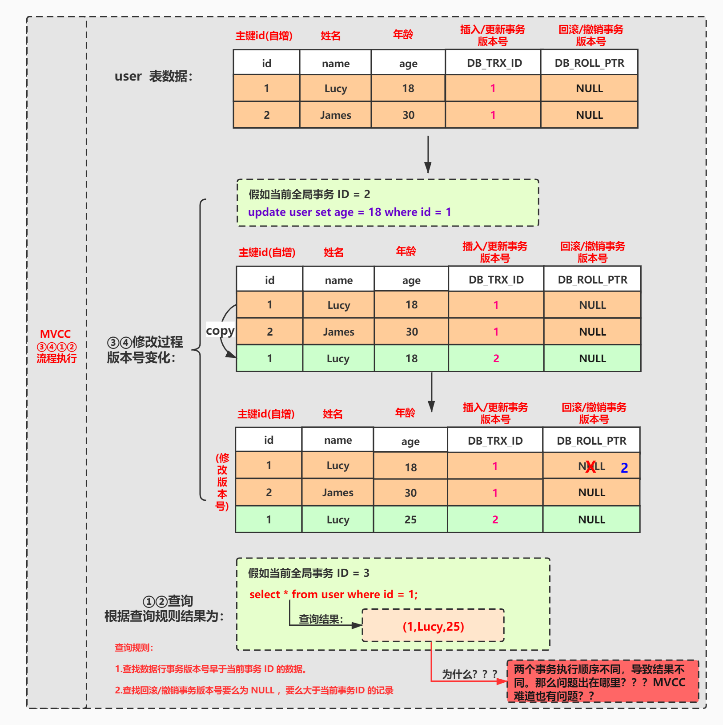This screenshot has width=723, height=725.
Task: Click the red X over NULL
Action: (590, 467)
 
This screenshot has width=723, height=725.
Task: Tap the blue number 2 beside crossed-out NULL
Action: (624, 468)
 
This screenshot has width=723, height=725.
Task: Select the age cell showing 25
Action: (410, 519)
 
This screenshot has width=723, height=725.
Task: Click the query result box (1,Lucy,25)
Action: (433, 626)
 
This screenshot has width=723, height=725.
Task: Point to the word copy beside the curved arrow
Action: (220, 331)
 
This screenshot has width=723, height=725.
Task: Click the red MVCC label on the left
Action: (56, 334)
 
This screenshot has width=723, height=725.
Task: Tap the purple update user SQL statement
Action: (349, 212)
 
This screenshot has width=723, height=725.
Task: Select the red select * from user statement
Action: (333, 595)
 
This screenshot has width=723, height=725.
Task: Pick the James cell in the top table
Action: (336, 115)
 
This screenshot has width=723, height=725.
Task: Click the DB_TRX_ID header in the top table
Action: (494, 63)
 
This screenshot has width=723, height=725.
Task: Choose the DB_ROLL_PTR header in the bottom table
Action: (591, 441)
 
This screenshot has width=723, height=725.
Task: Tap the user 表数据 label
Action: (153, 77)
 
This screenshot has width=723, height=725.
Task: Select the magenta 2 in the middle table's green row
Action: (496, 359)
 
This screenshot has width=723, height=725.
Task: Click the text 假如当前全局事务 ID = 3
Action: (309, 573)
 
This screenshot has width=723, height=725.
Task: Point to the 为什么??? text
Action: (470, 674)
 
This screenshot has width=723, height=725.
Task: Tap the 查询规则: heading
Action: (134, 648)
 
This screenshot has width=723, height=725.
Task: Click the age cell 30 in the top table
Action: (408, 115)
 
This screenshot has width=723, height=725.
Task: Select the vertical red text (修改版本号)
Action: (222, 482)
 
